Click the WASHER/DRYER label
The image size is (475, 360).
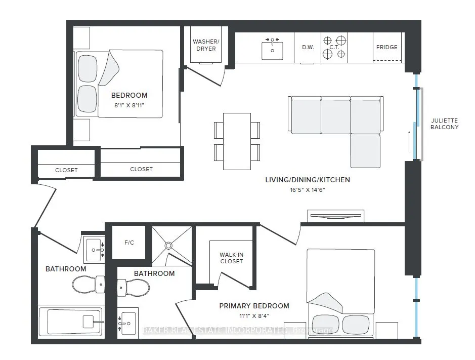pos(206,45)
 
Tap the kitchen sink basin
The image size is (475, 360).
pos(272,51)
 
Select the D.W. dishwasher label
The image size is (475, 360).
pos(308,47)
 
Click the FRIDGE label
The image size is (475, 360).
pos(387,47)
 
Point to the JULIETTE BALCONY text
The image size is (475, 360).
pos(445,124)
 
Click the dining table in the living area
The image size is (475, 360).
pos(237,141)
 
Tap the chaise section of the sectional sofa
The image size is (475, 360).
pos(365,151)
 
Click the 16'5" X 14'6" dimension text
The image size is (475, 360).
pos(308,190)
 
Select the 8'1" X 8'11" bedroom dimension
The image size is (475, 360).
pos(129,105)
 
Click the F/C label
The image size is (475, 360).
pos(129,243)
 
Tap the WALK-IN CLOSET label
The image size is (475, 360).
pos(232,258)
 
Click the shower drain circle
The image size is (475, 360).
pos(168,246)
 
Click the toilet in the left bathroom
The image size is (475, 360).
pos(89,285)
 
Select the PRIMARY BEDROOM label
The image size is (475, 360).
pos(254,306)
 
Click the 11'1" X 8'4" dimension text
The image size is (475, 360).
pos(254,316)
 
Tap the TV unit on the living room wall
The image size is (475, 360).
pos(336,216)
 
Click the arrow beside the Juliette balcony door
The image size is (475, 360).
pos(409,141)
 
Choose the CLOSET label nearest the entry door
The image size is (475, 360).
pos(66,170)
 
